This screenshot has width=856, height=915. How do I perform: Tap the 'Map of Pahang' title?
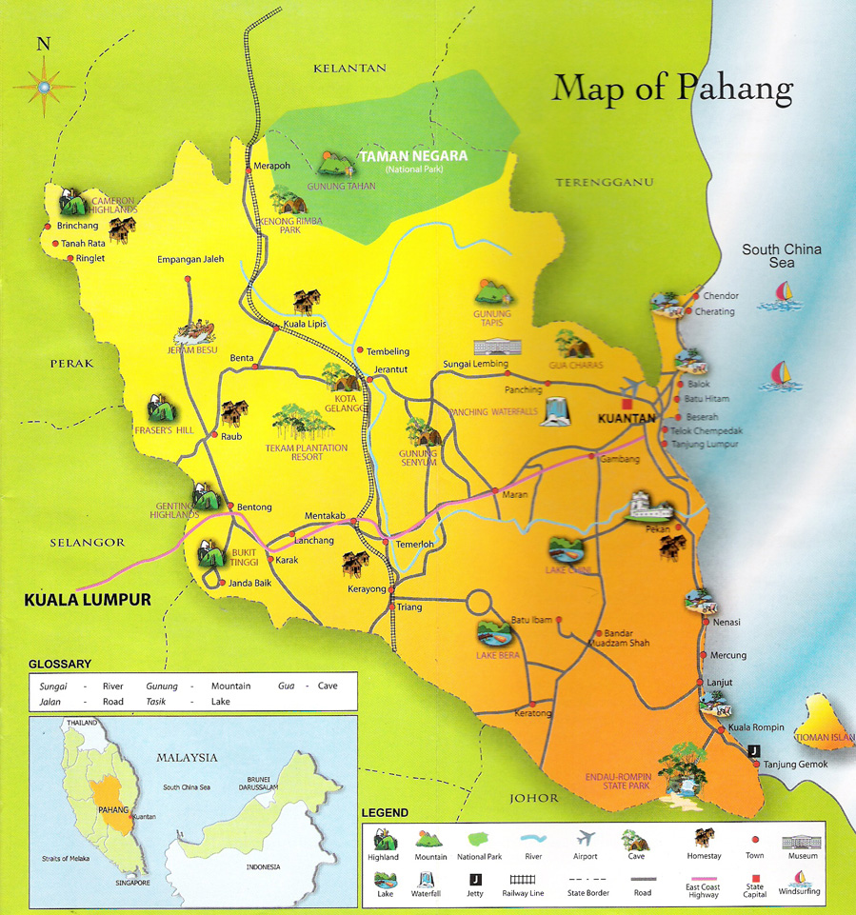tap(672, 89)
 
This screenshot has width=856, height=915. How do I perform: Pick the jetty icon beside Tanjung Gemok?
tap(755, 750)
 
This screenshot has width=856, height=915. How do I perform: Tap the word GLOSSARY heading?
tap(60, 664)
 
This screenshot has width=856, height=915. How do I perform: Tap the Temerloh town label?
tap(415, 545)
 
